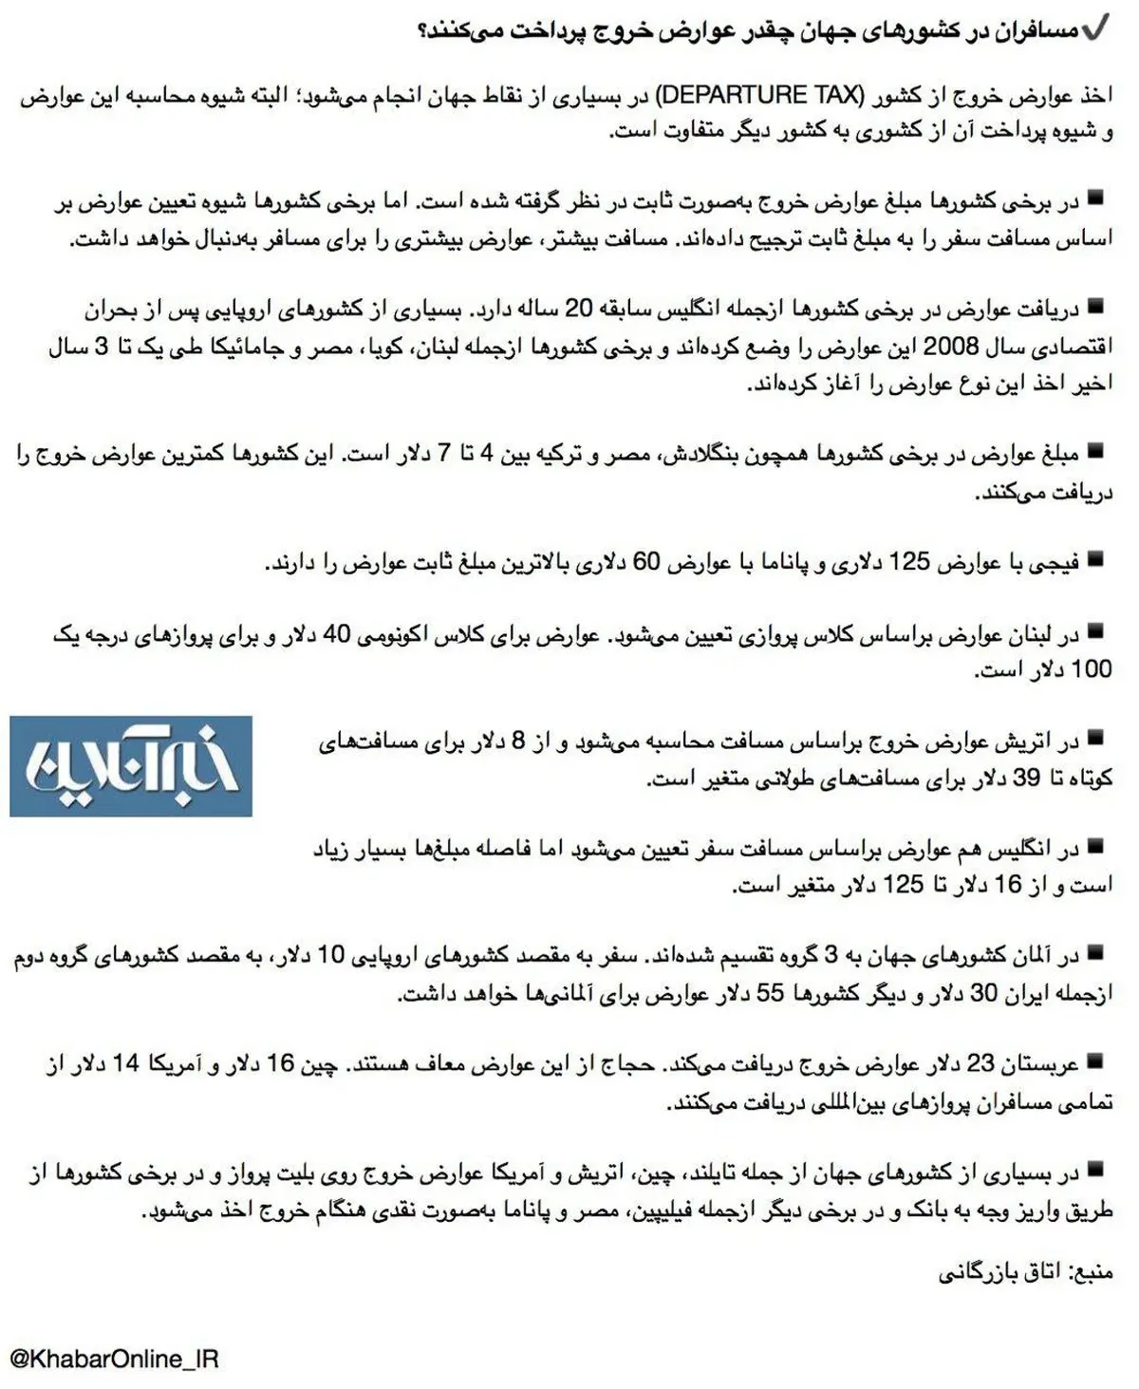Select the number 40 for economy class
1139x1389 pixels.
337,634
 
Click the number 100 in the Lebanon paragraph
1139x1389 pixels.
1091,669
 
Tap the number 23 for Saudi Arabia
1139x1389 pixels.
980,1064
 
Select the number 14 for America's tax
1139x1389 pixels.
125,1064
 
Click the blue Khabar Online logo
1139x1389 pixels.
131,766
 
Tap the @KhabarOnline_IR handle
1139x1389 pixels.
114,1359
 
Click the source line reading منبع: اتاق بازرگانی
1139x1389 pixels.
1025,1272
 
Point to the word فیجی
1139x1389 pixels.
1053,562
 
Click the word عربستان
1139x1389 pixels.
1045,1064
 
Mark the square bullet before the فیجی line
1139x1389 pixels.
1096,559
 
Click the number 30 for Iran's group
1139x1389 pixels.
982,993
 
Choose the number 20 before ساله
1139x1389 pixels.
579,310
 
